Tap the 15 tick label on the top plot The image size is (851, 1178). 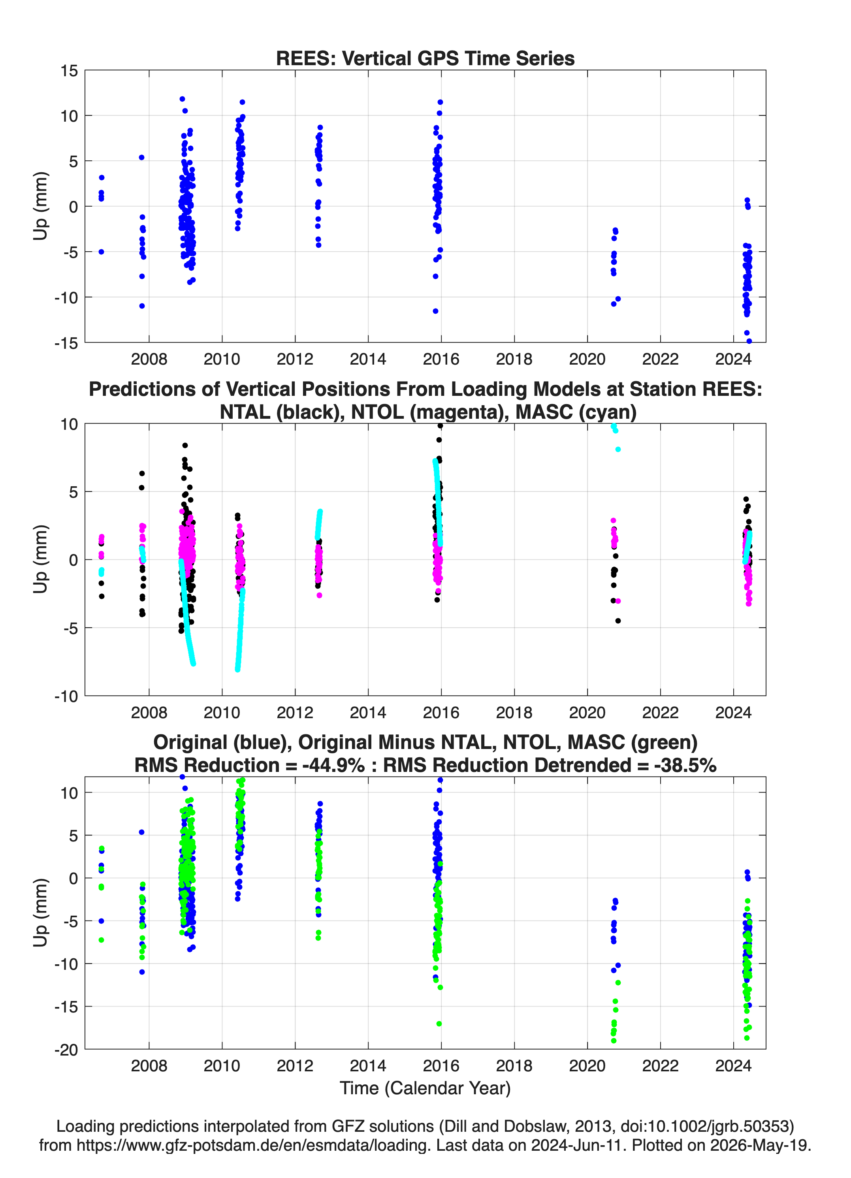(x=69, y=71)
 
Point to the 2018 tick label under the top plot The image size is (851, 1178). (x=514, y=359)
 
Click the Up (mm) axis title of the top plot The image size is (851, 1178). (x=41, y=206)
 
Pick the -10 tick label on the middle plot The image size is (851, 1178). (x=66, y=696)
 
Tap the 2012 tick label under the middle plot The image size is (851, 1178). (x=295, y=713)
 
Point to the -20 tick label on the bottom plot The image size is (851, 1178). (x=66, y=1050)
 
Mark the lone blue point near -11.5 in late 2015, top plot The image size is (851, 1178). (x=435, y=311)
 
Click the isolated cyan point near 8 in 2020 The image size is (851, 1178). (x=618, y=449)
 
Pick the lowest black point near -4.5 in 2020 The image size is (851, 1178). (x=618, y=621)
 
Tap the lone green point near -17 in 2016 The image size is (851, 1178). (x=439, y=1024)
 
